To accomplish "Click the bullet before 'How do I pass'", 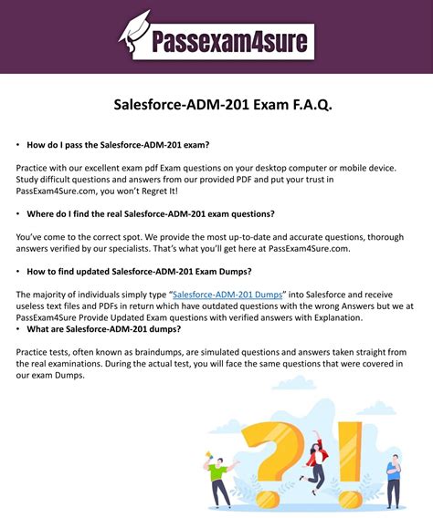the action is click(x=18, y=145).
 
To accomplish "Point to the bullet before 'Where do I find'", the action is click(x=18, y=213).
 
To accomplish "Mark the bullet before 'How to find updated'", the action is click(x=18, y=272).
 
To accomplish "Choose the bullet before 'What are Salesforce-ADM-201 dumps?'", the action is click(x=18, y=328).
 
